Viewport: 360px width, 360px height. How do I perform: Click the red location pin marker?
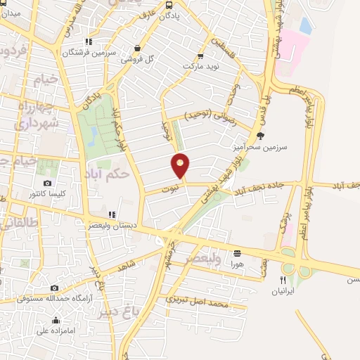(x=181, y=165)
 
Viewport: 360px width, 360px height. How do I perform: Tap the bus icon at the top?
(x=168, y=5)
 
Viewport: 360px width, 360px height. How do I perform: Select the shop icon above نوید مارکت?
(x=201, y=56)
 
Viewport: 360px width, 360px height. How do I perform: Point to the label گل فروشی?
(x=138, y=59)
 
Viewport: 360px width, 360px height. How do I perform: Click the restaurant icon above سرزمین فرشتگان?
(x=88, y=42)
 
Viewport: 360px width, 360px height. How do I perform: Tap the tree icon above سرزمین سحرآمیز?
(x=261, y=136)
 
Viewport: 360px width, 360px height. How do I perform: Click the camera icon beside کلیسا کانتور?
(x=48, y=184)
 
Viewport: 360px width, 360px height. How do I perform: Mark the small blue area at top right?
(x=306, y=25)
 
